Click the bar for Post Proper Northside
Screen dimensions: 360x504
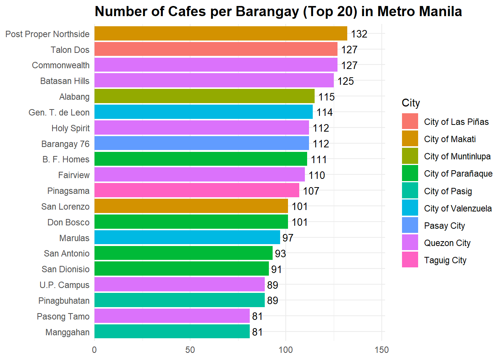[x=220, y=34]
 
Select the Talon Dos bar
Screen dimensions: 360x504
[x=216, y=49]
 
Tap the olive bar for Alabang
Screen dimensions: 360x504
[x=204, y=96]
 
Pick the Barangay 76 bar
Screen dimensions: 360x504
[x=201, y=144]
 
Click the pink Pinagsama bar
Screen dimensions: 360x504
[x=196, y=190]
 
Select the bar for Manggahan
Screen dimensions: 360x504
[x=172, y=332]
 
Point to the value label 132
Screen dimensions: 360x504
[x=359, y=34]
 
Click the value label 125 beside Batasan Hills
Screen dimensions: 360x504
[x=345, y=81]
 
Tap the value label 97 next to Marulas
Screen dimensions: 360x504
[x=288, y=238]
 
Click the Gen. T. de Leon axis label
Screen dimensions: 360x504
[x=59, y=112]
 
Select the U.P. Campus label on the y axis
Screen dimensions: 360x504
[x=64, y=285]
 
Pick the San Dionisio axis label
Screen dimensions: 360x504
[x=66, y=269]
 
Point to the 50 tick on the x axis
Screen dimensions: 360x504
[x=190, y=350]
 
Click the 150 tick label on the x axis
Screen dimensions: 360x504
[x=382, y=350]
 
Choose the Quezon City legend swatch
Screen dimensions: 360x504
[x=410, y=243]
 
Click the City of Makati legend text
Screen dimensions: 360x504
[x=450, y=139]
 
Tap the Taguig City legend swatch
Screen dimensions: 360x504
[x=410, y=260]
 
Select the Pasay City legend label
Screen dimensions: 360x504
[x=444, y=226]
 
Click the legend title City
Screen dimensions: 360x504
[x=411, y=103]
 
